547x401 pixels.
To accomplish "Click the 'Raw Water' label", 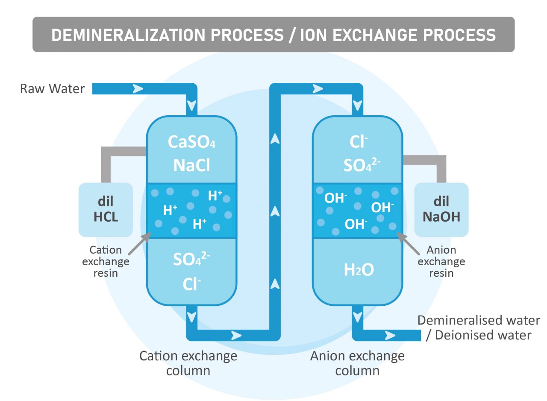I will pyautogui.click(x=53, y=89).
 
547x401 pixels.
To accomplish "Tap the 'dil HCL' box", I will pyautogui.click(x=106, y=210).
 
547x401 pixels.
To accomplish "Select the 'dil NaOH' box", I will pyautogui.click(x=441, y=210).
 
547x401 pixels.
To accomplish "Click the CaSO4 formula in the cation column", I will pyautogui.click(x=191, y=142).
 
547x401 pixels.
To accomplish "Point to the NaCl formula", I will pyautogui.click(x=191, y=165).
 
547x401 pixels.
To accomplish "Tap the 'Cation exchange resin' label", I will pyautogui.click(x=106, y=261).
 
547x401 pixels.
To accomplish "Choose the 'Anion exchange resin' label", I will pyautogui.click(x=441, y=261).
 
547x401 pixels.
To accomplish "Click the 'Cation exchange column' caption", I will pyautogui.click(x=188, y=363).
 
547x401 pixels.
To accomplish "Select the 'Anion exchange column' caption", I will pyautogui.click(x=357, y=363).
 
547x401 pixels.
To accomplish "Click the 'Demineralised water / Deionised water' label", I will pyautogui.click(x=479, y=328).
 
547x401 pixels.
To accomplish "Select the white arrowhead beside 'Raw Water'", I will pyautogui.click(x=138, y=89).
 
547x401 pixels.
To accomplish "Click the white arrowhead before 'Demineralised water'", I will pyautogui.click(x=390, y=336).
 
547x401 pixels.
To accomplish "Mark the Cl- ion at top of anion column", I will pyautogui.click(x=358, y=142).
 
